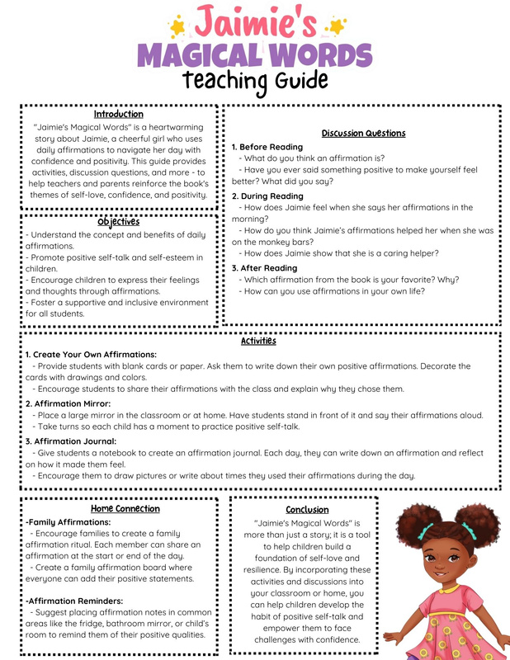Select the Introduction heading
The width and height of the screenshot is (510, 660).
click(x=118, y=115)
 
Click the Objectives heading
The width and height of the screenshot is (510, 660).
click(x=118, y=222)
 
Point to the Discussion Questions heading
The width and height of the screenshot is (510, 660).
click(x=363, y=134)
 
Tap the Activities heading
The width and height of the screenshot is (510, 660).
click(x=258, y=341)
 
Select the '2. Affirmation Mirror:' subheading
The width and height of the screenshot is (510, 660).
click(x=68, y=403)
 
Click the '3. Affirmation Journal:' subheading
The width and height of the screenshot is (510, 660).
click(x=70, y=441)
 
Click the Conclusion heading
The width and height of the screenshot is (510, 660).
click(x=307, y=510)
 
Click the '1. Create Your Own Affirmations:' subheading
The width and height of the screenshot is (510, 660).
click(x=90, y=354)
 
